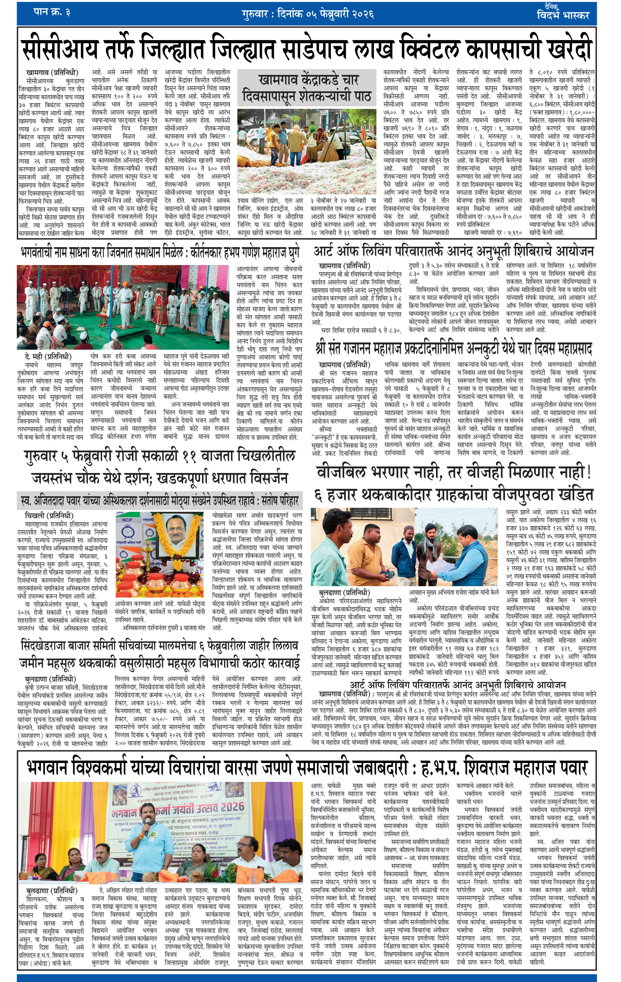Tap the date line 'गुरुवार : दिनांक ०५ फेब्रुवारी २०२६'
click(307, 14)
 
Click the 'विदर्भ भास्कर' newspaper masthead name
click(563, 16)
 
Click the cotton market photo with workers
click(306, 150)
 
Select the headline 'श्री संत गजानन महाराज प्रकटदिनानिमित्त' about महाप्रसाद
click(453, 349)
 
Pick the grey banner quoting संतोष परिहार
click(160, 500)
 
